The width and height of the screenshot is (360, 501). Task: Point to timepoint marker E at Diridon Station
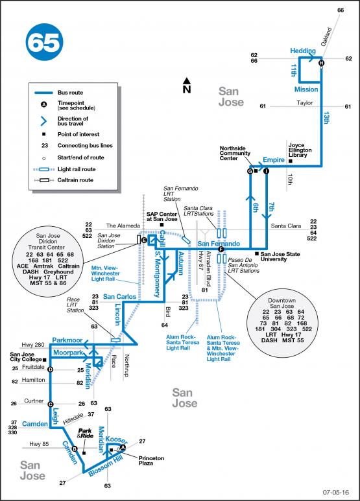(x=144, y=240)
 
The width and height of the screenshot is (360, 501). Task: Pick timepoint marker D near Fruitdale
(x=50, y=369)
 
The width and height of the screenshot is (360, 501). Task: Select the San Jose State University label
(x=283, y=256)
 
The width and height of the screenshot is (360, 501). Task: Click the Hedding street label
(x=303, y=51)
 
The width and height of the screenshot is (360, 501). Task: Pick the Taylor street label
(x=305, y=103)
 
